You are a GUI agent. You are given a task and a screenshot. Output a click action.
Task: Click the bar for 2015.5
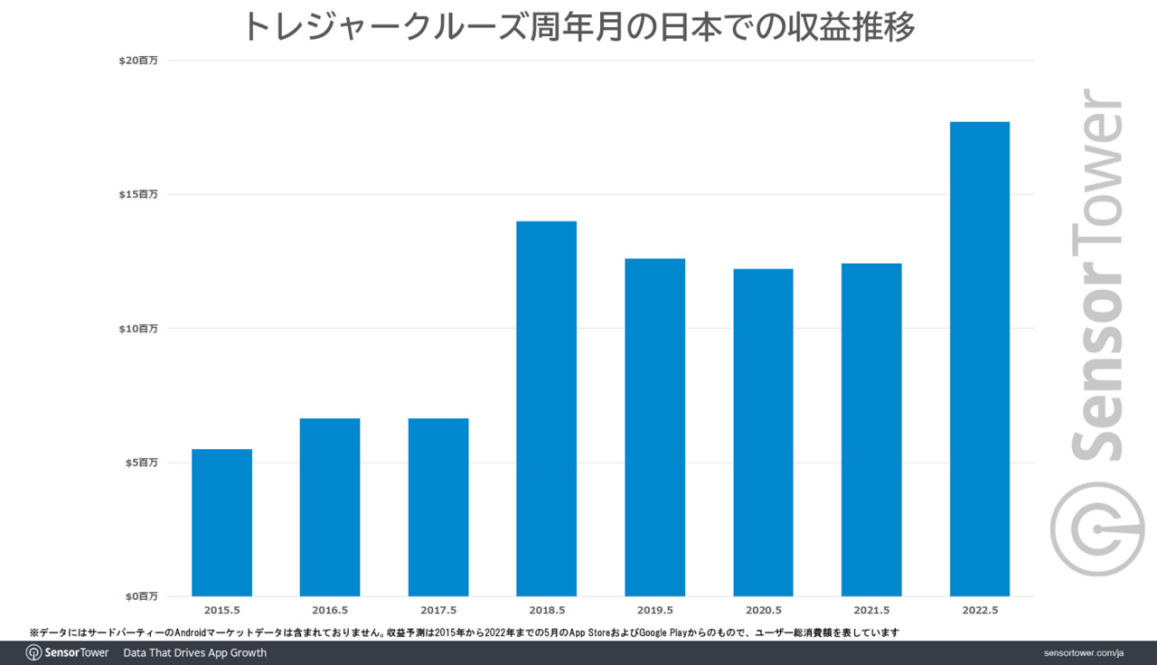tap(221, 522)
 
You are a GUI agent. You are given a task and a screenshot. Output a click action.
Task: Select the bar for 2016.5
tap(330, 507)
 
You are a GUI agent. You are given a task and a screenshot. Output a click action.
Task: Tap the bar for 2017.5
tap(438, 507)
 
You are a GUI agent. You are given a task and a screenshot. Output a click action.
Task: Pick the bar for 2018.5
tap(546, 408)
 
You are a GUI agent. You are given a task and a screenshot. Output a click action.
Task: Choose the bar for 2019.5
tap(654, 427)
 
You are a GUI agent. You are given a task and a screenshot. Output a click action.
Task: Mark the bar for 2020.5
tap(763, 432)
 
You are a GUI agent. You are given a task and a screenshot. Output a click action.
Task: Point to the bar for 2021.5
tap(871, 429)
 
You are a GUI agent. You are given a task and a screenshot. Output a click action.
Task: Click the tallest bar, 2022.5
tap(980, 359)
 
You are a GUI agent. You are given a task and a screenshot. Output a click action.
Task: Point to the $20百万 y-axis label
tap(138, 61)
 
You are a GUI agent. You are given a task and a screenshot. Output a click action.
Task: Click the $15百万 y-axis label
tap(138, 194)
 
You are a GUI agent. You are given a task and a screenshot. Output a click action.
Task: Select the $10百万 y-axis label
tap(138, 328)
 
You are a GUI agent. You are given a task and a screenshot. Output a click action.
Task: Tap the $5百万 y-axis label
tap(141, 462)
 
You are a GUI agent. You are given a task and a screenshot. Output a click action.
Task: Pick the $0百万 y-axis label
tap(141, 596)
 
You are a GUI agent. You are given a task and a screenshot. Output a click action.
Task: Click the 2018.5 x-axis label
tap(547, 611)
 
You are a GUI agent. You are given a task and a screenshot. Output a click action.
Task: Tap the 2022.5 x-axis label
tap(980, 611)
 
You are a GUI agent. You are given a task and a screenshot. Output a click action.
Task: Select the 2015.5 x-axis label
tap(221, 611)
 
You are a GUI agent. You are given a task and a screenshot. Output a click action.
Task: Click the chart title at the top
tap(578, 27)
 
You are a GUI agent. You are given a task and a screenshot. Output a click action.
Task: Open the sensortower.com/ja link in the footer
tap(1081, 652)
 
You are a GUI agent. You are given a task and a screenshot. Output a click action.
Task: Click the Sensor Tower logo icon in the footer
tap(33, 652)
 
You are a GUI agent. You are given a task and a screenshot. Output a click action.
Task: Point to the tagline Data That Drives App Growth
tap(194, 652)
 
